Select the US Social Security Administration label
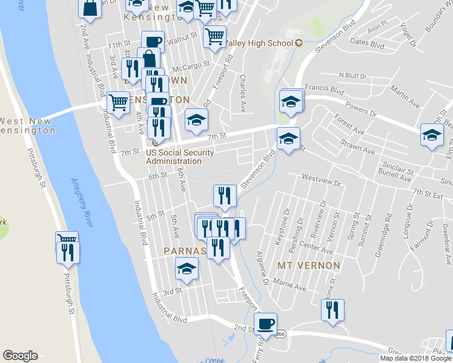[x=174, y=157]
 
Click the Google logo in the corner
[x=20, y=356]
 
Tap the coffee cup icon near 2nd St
[x=265, y=324]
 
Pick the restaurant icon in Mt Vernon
[x=332, y=310]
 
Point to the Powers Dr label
[x=378, y=113]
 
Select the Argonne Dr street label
[x=262, y=268]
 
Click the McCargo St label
[x=191, y=63]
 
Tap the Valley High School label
[x=260, y=43]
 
